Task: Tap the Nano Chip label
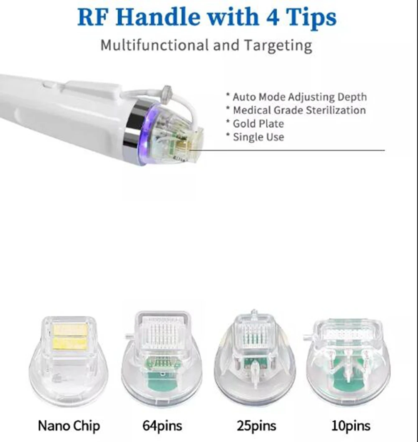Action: (69, 426)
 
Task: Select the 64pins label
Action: (162, 426)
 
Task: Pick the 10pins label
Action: (350, 426)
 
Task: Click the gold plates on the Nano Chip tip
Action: (70, 336)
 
